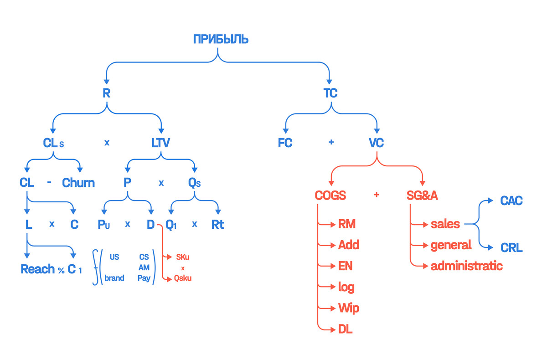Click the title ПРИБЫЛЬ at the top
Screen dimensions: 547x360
pyautogui.click(x=221, y=39)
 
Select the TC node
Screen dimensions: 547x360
pyautogui.click(x=330, y=93)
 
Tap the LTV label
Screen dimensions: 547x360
pyautogui.click(x=160, y=143)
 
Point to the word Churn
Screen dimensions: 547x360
pyautogui.click(x=78, y=183)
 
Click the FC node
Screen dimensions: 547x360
pyautogui.click(x=285, y=143)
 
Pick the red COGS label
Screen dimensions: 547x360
pyautogui.click(x=330, y=195)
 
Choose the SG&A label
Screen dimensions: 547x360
pyautogui.click(x=422, y=195)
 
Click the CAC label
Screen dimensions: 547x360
pyautogui.click(x=511, y=201)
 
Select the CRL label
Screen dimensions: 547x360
pyautogui.click(x=511, y=248)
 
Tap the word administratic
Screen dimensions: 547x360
pyautogui.click(x=467, y=266)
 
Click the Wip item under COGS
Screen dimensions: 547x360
pyautogui.click(x=348, y=308)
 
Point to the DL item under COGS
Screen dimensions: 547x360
pyautogui.click(x=346, y=329)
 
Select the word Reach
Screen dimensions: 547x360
pyautogui.click(x=37, y=269)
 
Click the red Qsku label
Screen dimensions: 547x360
pyautogui.click(x=183, y=278)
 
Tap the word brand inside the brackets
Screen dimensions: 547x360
pyautogui.click(x=114, y=278)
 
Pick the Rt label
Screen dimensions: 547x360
pyautogui.click(x=217, y=225)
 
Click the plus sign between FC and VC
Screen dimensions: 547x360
pyautogui.click(x=331, y=142)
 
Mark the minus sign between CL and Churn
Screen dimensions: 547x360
pyautogui.click(x=49, y=182)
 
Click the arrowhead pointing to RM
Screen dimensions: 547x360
pyautogui.click(x=333, y=224)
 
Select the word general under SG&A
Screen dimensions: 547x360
pyautogui.click(x=451, y=245)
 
